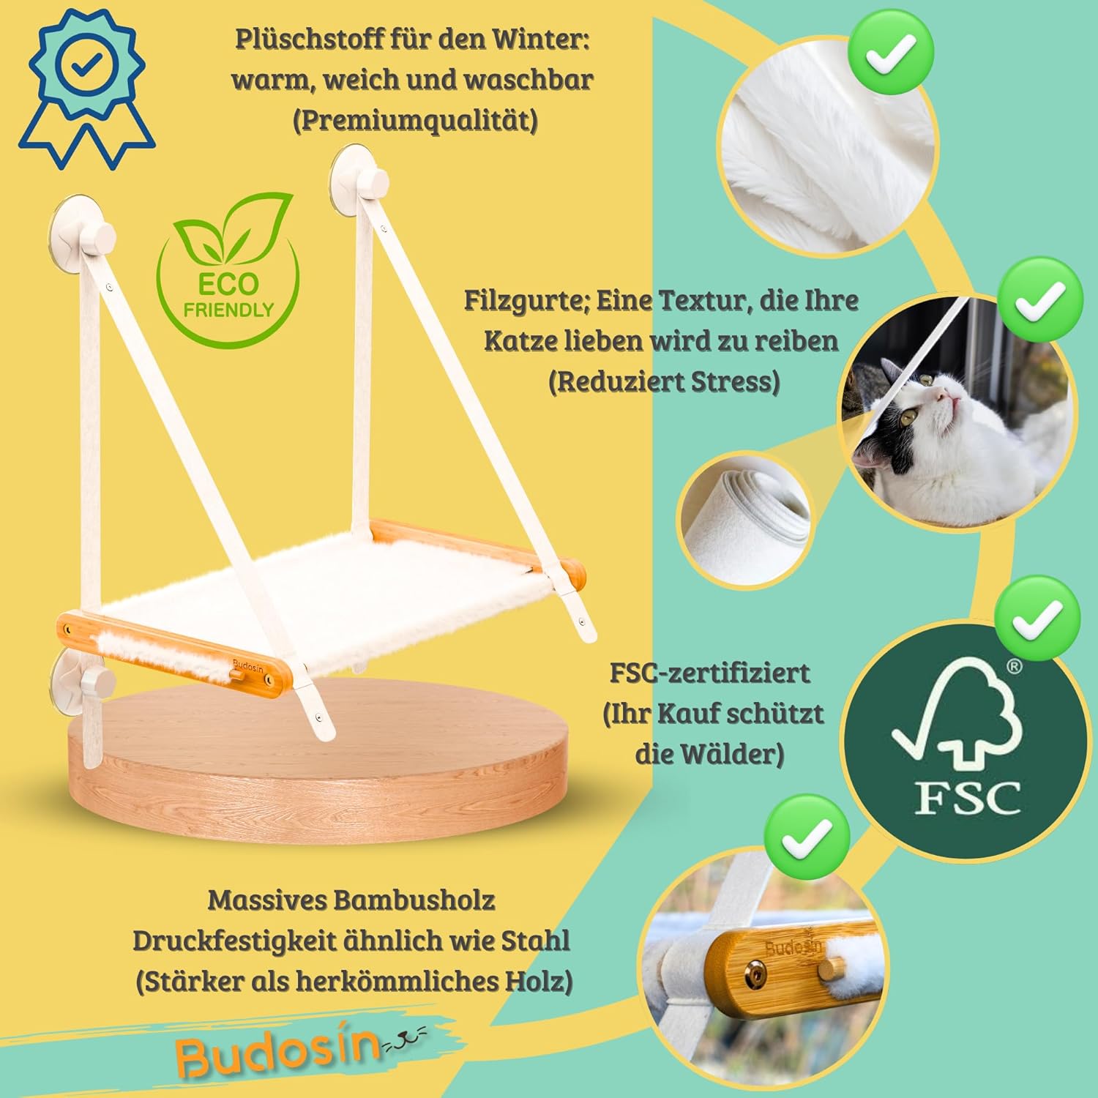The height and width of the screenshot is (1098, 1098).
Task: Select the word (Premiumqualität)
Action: (x=415, y=120)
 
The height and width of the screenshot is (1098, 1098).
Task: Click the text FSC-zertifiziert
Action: (x=709, y=673)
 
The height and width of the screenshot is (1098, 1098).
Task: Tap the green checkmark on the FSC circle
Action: (x=1039, y=619)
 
